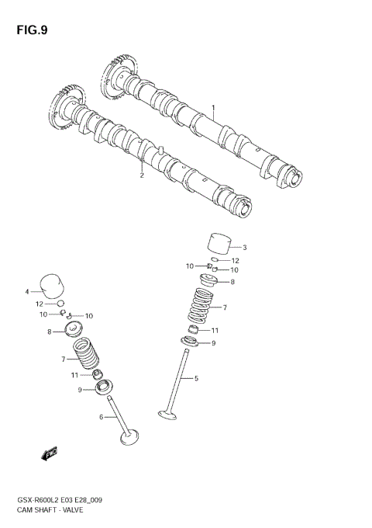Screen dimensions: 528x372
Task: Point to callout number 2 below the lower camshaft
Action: (x=142, y=175)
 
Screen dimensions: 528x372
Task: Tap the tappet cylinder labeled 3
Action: (x=219, y=243)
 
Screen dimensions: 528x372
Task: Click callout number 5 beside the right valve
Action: (x=197, y=378)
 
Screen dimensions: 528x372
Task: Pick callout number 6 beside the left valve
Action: (x=102, y=418)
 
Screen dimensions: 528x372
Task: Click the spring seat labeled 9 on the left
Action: (x=102, y=387)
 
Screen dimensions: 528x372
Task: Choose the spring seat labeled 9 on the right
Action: (x=191, y=342)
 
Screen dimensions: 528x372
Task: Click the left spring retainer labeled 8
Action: (x=77, y=333)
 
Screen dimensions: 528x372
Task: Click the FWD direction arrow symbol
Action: (x=50, y=453)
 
